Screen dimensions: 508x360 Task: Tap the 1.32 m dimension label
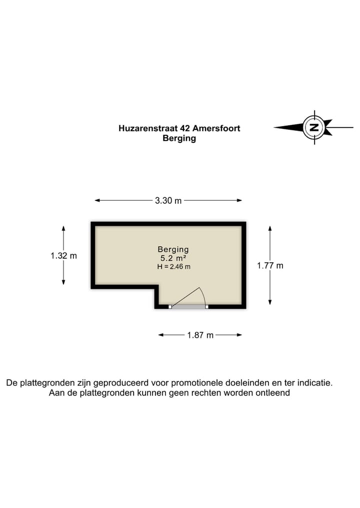63,255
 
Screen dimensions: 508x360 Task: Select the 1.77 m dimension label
270,266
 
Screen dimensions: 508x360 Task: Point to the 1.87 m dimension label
200,335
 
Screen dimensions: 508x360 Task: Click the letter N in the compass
314,127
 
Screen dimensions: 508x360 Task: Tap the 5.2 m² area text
173,258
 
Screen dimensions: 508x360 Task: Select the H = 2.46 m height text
173,267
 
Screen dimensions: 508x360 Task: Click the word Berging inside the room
173,249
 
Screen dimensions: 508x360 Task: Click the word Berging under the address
179,138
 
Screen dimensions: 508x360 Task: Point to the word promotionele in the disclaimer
197,383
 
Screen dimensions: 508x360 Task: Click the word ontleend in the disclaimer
273,393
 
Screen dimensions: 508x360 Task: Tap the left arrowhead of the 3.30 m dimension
96,200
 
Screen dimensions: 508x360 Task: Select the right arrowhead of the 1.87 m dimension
240,335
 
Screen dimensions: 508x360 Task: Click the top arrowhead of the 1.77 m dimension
270,227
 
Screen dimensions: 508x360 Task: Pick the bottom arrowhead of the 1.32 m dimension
63,283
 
